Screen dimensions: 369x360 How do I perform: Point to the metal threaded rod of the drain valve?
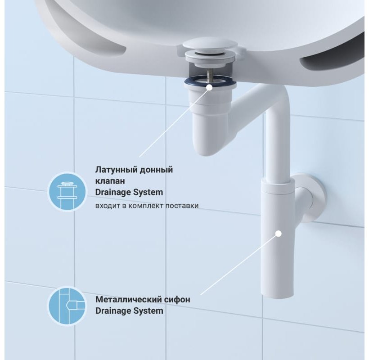[210, 75]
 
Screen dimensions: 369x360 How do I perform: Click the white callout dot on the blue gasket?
[209, 87]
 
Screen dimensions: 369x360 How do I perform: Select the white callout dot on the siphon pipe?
[279, 234]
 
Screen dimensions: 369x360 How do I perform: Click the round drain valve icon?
[67, 192]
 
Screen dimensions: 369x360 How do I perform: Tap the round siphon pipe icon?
[67, 306]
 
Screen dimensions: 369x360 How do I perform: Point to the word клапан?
[110, 181]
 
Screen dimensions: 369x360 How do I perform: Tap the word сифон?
[177, 300]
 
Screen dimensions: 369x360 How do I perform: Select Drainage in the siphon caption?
[113, 311]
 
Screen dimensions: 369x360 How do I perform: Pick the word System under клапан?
[148, 192]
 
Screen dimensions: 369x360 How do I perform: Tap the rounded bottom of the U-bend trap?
[210, 146]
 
